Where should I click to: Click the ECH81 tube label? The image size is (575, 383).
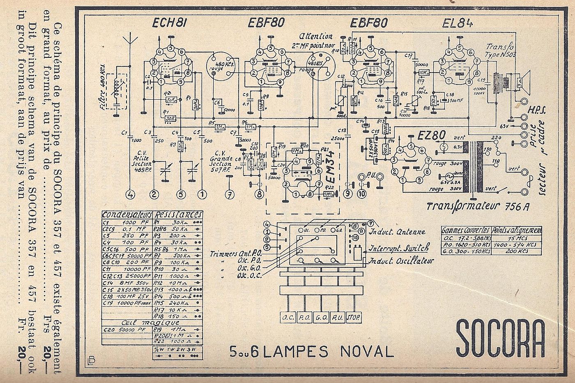coord(169,23)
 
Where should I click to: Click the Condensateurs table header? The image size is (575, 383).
coord(127,214)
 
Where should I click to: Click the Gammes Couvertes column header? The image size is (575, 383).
coord(466,230)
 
